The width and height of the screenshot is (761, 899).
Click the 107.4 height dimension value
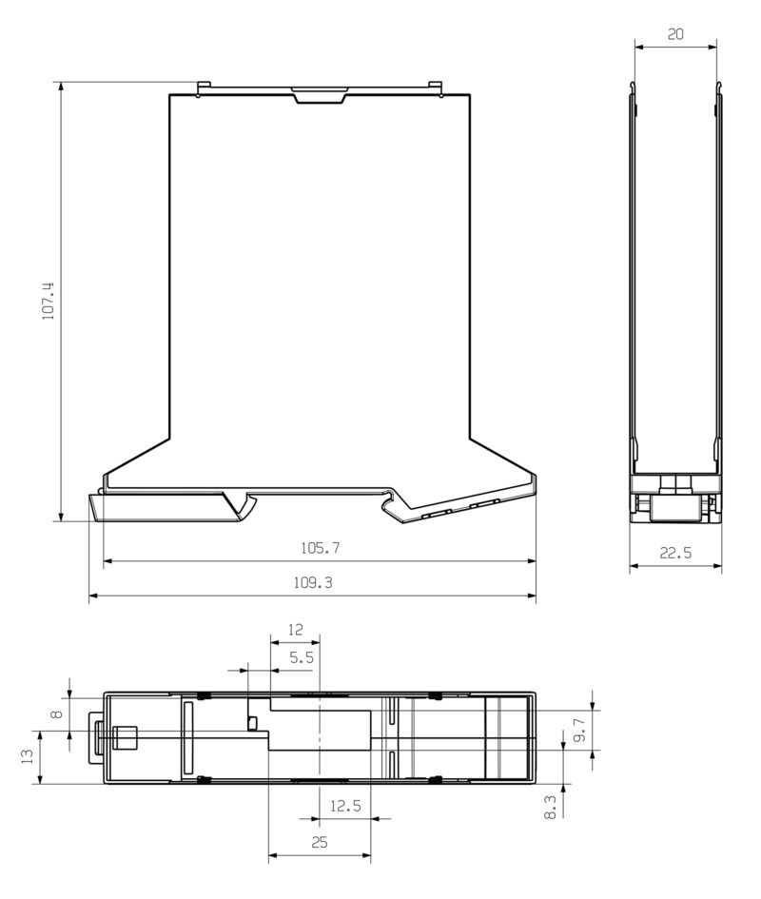point(48,301)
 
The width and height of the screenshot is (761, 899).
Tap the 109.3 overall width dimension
point(315,583)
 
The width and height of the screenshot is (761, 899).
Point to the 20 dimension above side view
point(675,33)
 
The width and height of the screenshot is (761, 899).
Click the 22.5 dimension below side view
point(674,553)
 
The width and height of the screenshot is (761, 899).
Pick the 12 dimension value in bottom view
point(295,629)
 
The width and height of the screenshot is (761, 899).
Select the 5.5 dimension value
point(302,656)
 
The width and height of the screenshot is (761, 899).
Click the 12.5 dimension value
point(344,806)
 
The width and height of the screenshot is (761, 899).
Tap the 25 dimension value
point(320,843)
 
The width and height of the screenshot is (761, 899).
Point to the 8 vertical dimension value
point(56,714)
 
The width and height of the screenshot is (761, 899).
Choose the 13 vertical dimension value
point(27,756)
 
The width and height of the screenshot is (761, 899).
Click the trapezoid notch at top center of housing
point(320,95)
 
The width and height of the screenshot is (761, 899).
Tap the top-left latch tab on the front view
point(201,88)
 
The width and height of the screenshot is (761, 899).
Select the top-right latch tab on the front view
point(437,88)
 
